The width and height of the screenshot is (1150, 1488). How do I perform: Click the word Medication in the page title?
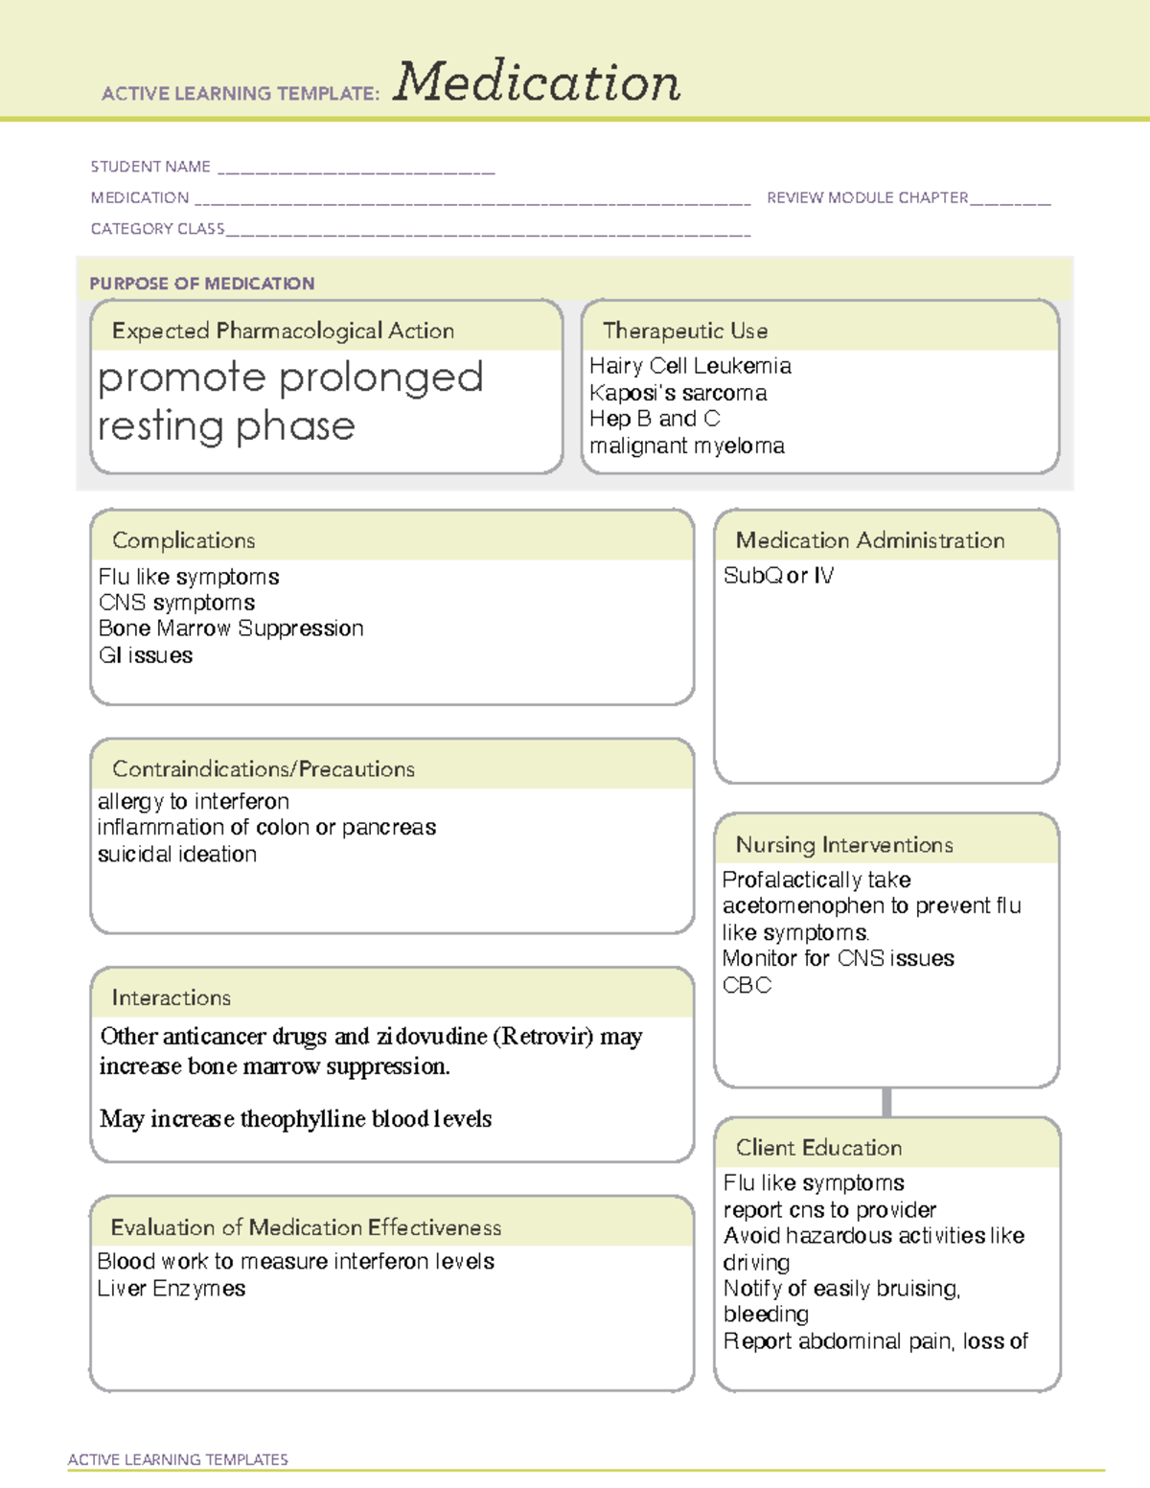coord(537,82)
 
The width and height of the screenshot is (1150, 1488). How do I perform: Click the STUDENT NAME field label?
coord(150,167)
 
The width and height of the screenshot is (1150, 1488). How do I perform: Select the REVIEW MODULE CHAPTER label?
coord(867,197)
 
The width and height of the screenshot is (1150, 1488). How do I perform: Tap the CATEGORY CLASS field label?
coord(157,229)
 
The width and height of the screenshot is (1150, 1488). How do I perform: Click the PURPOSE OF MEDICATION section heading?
coord(202,284)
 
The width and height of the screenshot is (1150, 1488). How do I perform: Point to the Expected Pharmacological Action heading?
coord(283,331)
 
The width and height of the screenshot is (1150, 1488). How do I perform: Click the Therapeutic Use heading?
coord(684,331)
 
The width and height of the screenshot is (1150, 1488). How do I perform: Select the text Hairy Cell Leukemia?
coord(690,366)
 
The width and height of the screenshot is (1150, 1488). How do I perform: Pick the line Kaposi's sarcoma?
coord(678,393)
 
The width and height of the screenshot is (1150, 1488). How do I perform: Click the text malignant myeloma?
coord(686,446)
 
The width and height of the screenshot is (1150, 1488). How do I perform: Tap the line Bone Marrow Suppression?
coord(231,629)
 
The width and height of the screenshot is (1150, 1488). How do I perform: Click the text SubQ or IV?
coord(778,576)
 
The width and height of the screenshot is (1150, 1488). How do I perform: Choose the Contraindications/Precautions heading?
coord(264,769)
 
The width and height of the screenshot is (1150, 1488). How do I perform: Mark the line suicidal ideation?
coord(177,855)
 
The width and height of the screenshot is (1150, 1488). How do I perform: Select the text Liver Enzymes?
coord(172,1289)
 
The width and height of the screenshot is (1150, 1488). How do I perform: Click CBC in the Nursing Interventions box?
coord(747,986)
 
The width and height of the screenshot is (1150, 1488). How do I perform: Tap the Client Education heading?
coord(818,1148)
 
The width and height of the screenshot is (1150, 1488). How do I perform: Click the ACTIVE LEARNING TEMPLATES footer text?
coord(178,1459)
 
